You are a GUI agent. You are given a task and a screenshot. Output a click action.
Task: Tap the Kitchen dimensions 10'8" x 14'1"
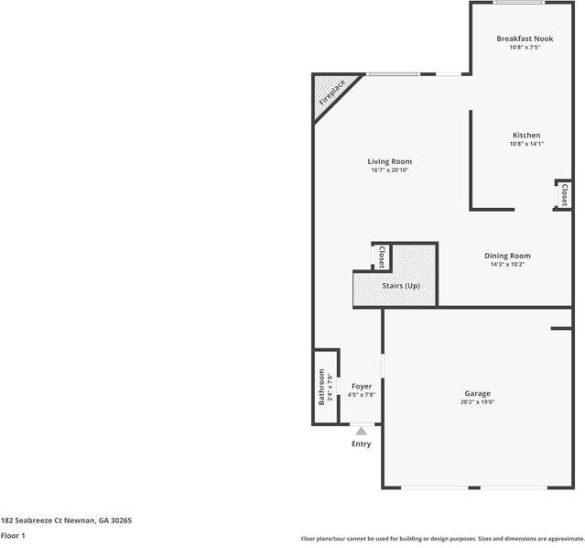[x=526, y=144]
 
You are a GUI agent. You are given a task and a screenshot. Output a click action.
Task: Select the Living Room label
[x=390, y=161]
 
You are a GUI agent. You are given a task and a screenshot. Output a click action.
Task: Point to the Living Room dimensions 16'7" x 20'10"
[x=390, y=170]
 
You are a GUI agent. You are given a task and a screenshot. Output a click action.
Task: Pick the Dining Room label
[x=507, y=256]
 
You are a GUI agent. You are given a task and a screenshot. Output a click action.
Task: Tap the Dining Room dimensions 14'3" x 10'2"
[x=507, y=265]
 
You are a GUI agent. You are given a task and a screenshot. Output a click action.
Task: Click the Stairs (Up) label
[x=401, y=286]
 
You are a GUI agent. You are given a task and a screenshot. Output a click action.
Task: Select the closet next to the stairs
[x=381, y=257]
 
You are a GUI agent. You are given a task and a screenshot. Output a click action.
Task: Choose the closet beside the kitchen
[x=564, y=195]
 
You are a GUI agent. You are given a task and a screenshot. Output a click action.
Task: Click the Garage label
[x=477, y=393]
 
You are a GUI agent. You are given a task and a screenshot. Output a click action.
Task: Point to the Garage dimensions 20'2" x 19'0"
[x=477, y=402]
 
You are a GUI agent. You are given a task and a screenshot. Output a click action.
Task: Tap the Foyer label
[x=362, y=386]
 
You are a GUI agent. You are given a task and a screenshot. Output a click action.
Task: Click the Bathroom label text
[x=321, y=387]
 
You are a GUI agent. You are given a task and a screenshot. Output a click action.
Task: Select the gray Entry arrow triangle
[x=362, y=431]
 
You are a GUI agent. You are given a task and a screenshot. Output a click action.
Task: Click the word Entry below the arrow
[x=362, y=444]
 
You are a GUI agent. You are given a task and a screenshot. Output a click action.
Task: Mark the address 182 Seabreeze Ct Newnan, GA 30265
[x=66, y=520]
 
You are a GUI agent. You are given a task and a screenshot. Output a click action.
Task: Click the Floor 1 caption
[x=13, y=535]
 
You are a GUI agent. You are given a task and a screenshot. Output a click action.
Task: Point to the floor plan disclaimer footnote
[x=442, y=539]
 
